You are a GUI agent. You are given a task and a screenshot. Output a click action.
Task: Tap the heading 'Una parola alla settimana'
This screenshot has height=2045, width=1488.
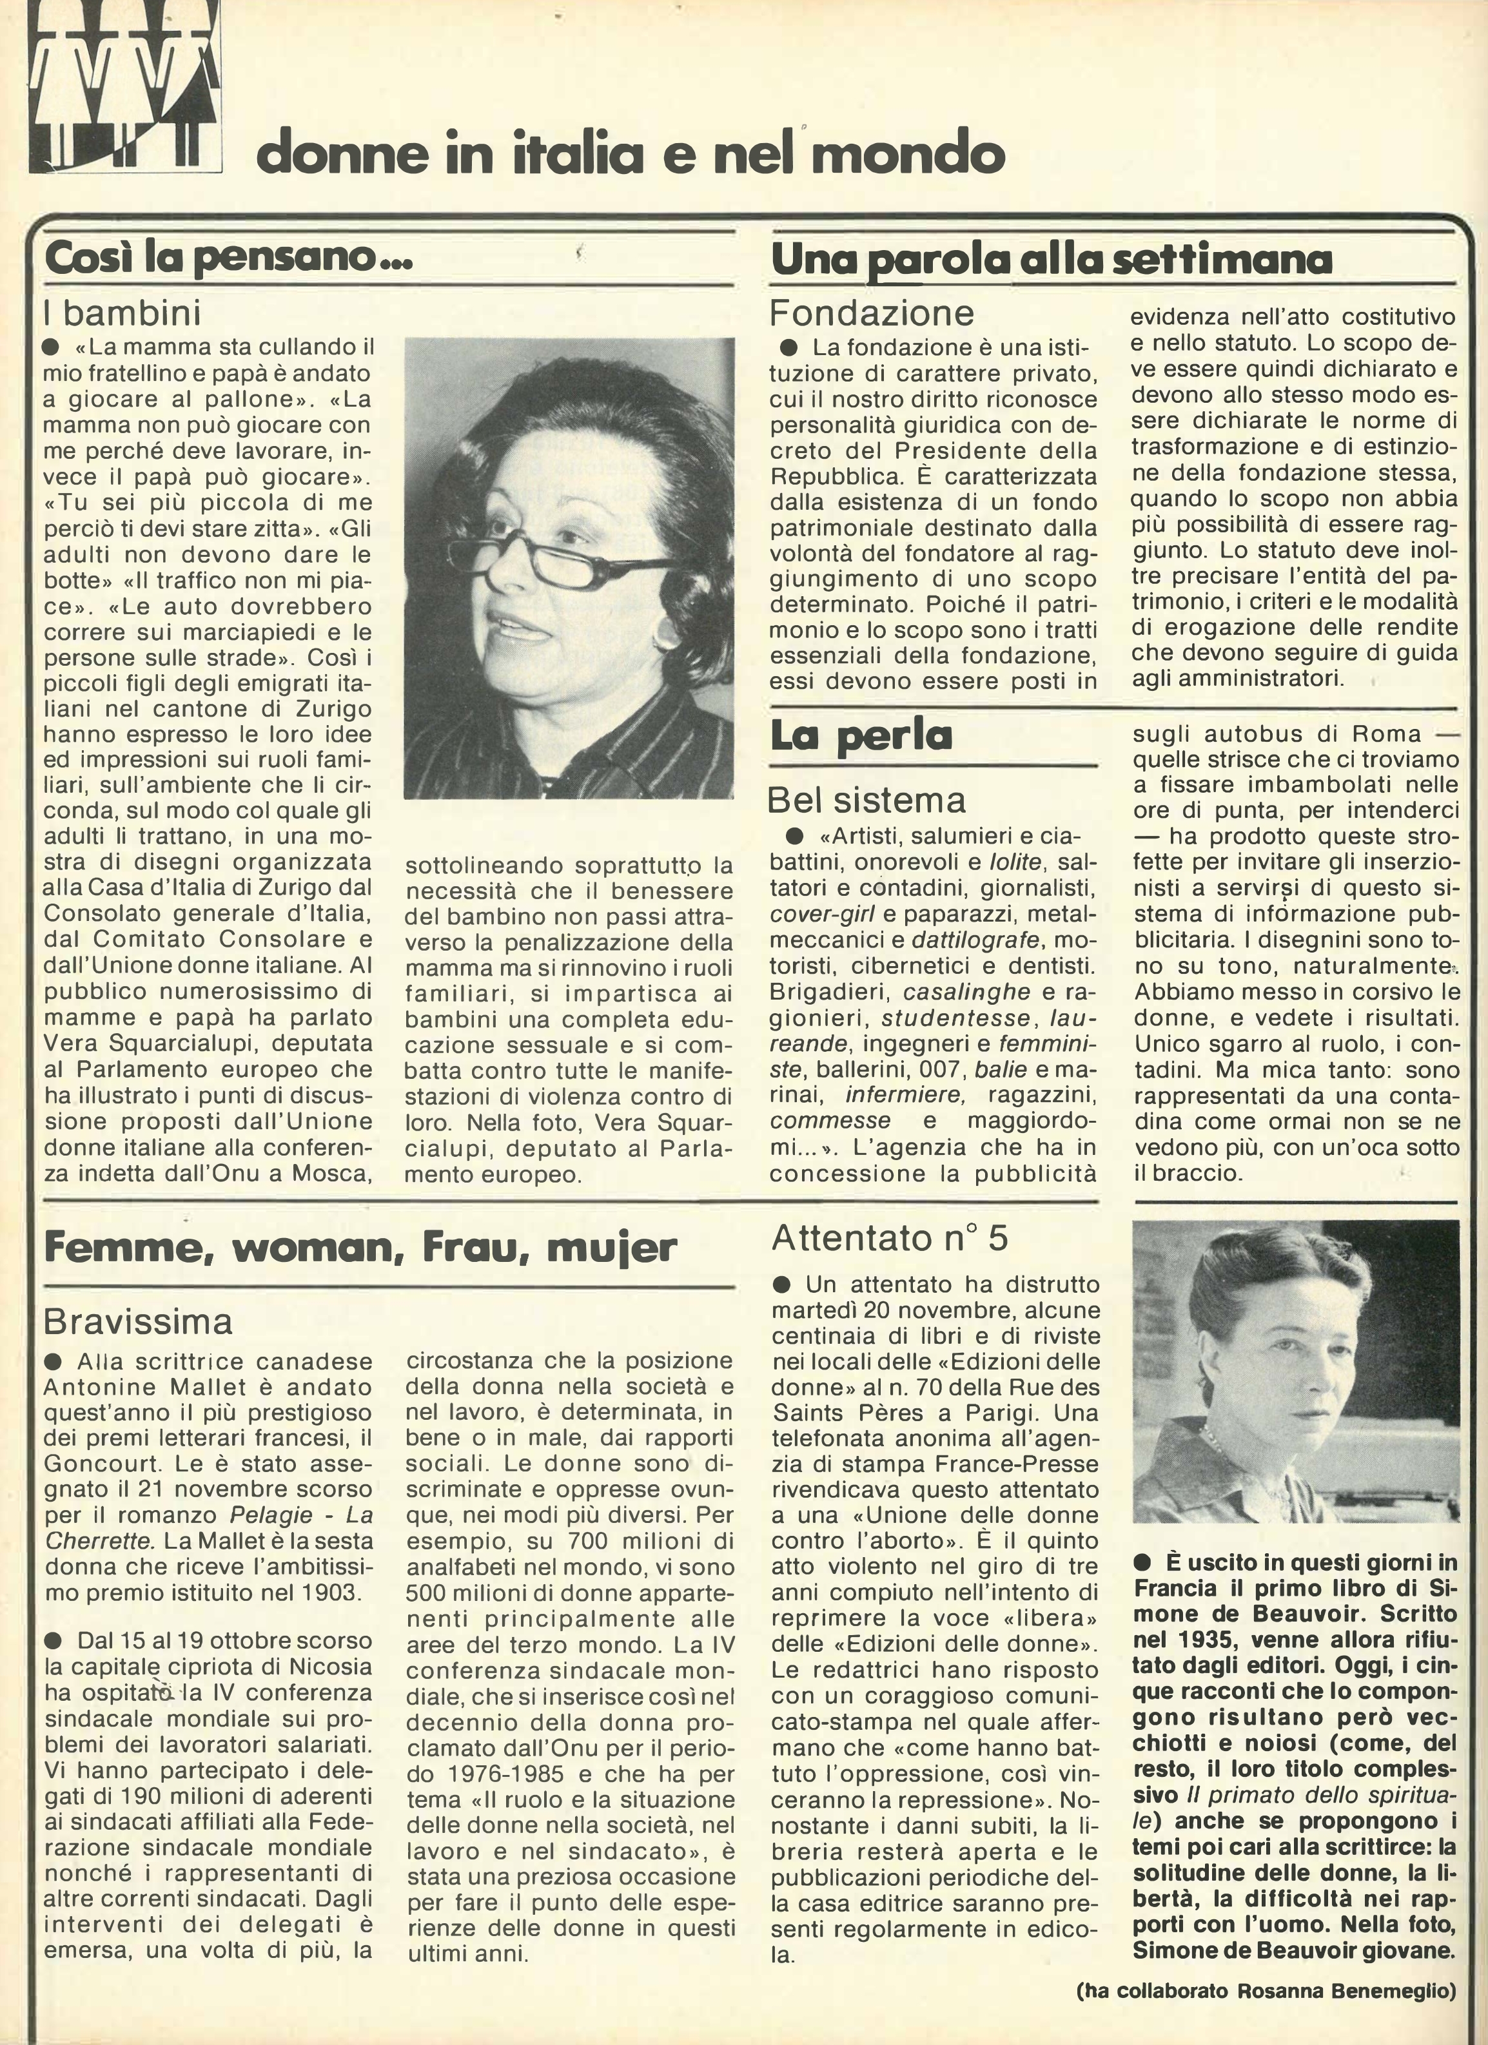click(x=1052, y=260)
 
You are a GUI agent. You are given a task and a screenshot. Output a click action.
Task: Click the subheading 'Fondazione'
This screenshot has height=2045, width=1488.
click(x=872, y=313)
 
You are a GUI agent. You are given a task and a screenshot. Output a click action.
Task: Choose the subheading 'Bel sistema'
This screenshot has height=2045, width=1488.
click(x=866, y=800)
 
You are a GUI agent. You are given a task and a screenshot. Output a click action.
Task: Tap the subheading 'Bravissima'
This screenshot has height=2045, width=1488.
click(x=138, y=1321)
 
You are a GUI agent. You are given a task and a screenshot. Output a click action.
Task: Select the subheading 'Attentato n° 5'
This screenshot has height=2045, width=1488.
click(x=889, y=1238)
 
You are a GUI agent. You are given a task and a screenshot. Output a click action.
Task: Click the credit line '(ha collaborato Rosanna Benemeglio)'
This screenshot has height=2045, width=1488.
click(x=1266, y=2008)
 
